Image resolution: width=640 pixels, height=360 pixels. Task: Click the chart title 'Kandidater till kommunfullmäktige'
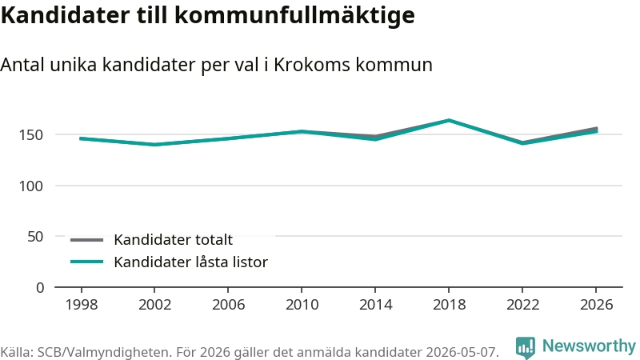(208, 16)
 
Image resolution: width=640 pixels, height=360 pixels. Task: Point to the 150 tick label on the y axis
(31, 134)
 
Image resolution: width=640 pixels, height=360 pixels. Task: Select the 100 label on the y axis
(31, 186)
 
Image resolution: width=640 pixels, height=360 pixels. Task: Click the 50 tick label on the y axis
(35, 237)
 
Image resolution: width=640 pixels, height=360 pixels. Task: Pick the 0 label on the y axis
(39, 288)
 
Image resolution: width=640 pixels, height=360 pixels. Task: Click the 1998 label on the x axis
(82, 305)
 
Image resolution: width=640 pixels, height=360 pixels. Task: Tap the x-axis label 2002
(154, 305)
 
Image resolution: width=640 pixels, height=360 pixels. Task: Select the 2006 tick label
(228, 305)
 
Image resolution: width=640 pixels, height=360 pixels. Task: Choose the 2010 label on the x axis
(302, 305)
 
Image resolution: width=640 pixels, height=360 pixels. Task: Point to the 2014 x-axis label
(375, 305)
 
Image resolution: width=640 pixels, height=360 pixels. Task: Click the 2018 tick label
(449, 305)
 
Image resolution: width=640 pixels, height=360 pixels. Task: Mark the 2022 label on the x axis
(523, 305)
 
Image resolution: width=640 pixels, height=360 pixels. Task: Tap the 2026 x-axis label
(596, 305)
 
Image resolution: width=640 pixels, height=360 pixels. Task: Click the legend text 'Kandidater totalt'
(173, 239)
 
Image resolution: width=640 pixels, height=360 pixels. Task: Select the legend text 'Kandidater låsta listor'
(190, 262)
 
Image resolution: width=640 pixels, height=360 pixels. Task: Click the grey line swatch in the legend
(86, 240)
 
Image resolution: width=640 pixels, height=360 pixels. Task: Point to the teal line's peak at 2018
(449, 120)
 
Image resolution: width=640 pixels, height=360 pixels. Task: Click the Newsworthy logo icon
(525, 347)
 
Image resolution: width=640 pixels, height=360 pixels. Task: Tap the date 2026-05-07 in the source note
(462, 352)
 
